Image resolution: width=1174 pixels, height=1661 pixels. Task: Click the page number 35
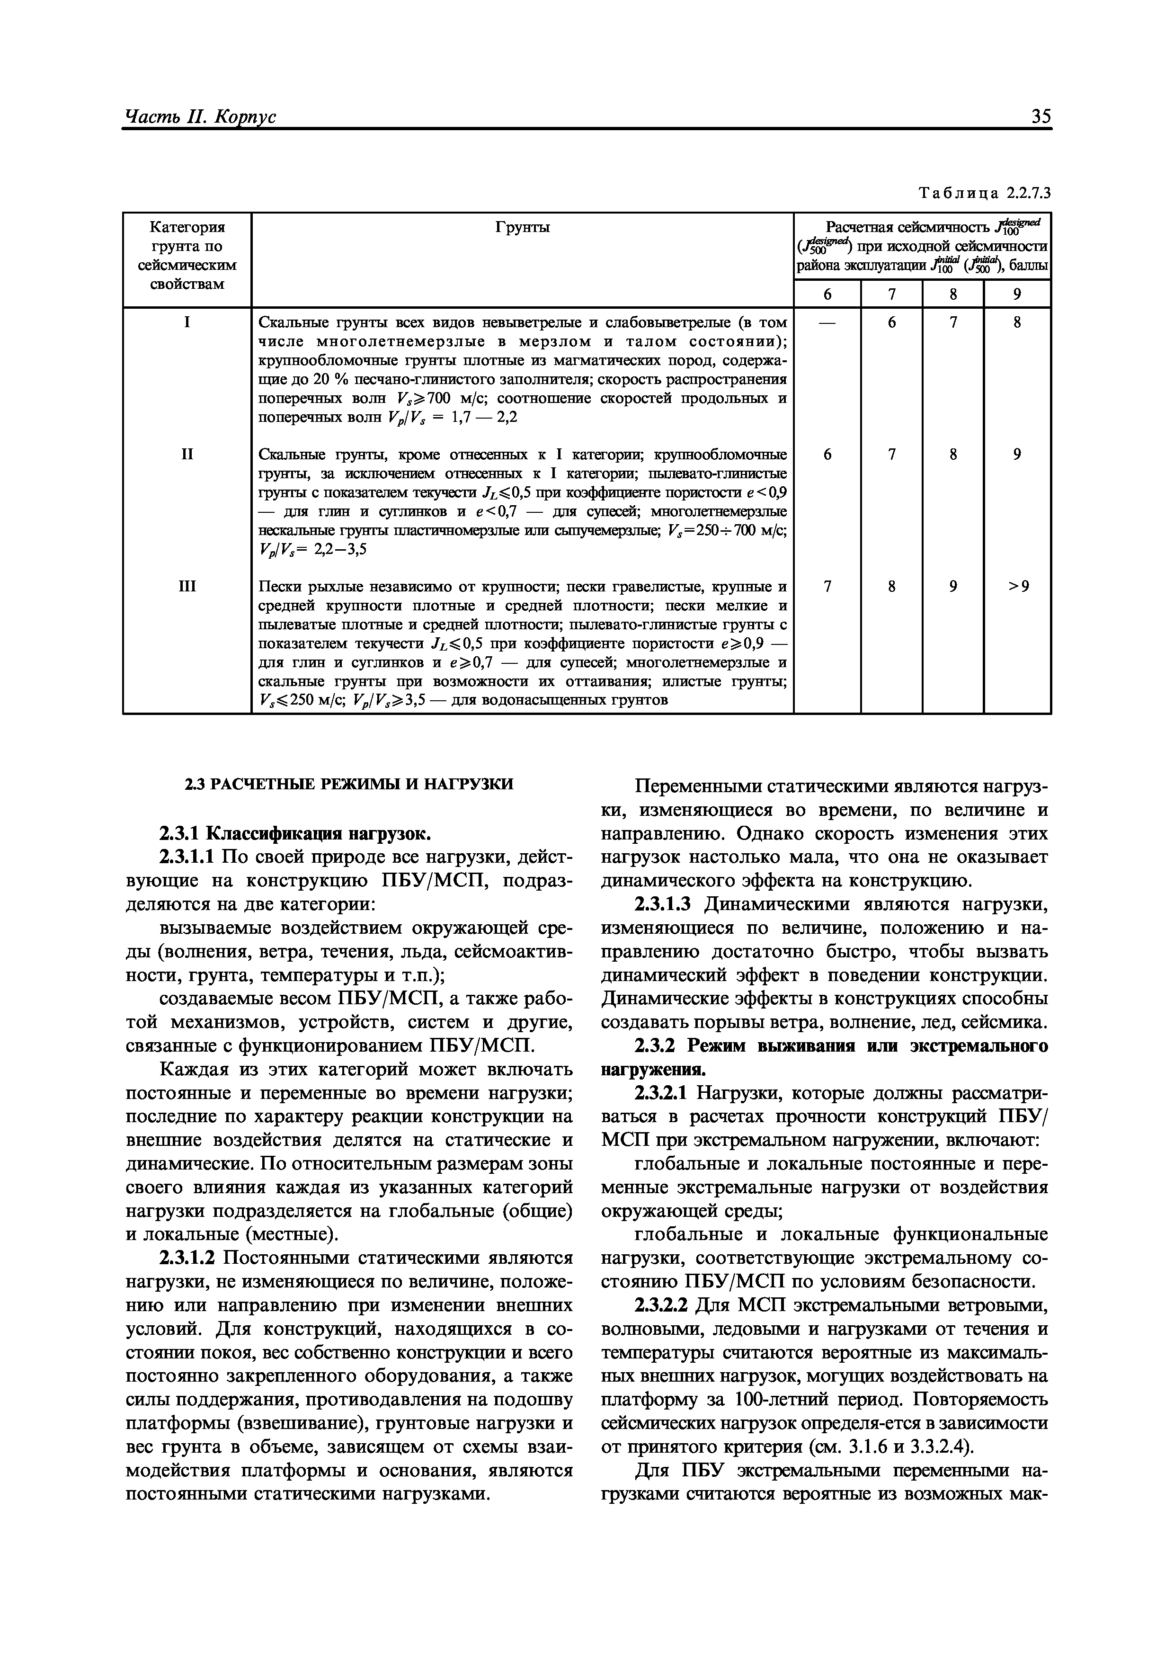click(x=1040, y=116)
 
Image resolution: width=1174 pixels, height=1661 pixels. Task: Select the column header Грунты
click(x=522, y=228)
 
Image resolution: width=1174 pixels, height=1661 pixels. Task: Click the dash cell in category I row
click(x=827, y=322)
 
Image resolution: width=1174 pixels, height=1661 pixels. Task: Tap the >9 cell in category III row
click(x=1017, y=587)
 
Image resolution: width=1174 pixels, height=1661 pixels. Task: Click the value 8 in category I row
click(x=1017, y=322)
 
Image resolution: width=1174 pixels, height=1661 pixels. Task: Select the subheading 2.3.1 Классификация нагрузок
click(x=295, y=834)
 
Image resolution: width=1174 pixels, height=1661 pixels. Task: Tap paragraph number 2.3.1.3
click(x=663, y=904)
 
